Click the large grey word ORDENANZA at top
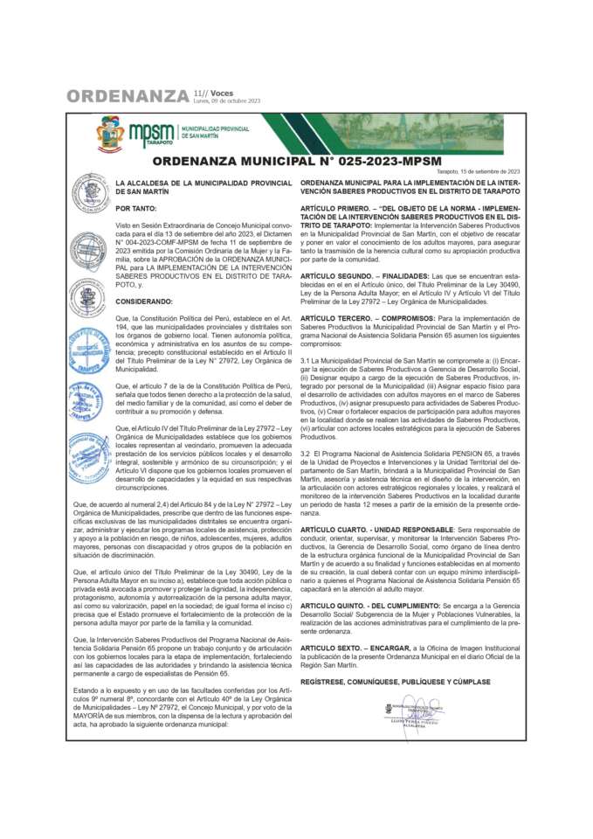[x=128, y=95]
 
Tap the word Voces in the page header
[x=222, y=92]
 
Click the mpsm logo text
[x=151, y=132]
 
